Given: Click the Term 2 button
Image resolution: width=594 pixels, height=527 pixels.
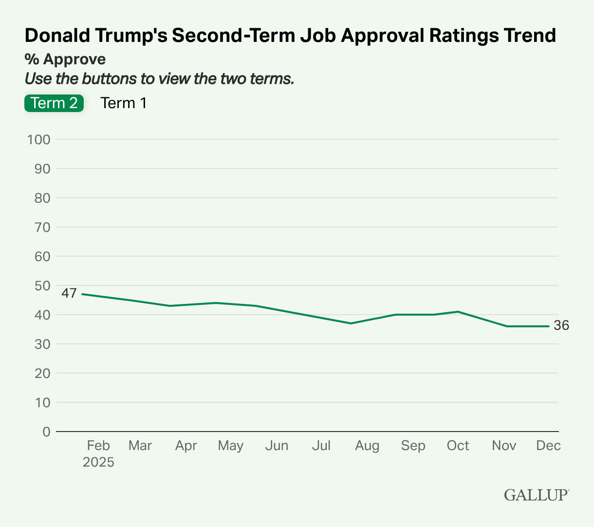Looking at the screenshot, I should (x=54, y=103).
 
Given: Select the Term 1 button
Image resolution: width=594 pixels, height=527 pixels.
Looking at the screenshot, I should (x=123, y=103).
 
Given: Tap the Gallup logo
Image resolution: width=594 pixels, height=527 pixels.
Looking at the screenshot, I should (x=536, y=494).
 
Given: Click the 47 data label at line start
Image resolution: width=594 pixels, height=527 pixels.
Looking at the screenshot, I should (x=69, y=293).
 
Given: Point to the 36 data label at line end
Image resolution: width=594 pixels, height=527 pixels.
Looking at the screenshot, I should (x=561, y=326).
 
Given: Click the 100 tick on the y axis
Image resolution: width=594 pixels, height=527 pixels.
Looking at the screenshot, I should (x=39, y=140).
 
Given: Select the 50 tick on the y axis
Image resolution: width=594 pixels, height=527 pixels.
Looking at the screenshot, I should (x=42, y=286).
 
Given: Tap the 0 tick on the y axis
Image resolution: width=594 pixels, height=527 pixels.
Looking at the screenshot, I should (x=46, y=432).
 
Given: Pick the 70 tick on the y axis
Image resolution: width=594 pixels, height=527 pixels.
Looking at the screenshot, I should (x=42, y=227).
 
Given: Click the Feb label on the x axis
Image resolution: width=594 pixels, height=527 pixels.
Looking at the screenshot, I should (x=98, y=446).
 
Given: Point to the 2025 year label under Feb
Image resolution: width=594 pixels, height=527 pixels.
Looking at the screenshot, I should (x=98, y=462).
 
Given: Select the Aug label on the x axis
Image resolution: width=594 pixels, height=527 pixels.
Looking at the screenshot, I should (x=367, y=446).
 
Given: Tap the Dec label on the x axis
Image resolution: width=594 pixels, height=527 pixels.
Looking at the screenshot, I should (x=548, y=446).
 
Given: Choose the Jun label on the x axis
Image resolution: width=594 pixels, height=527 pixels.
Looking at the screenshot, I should (x=277, y=446).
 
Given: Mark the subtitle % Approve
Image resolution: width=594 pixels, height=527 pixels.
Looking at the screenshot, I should (x=65, y=59).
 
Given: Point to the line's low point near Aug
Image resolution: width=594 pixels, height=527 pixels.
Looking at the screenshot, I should (x=351, y=323).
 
